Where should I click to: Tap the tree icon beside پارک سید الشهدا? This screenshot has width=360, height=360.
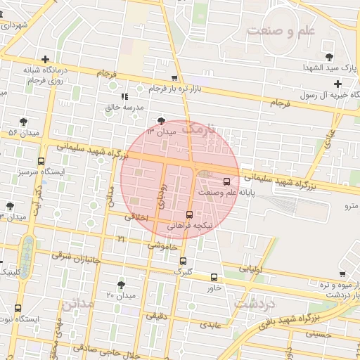tap(329, 57)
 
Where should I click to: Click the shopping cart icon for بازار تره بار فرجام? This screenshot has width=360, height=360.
tap(174, 78)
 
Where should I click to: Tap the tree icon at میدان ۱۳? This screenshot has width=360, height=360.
tap(163, 121)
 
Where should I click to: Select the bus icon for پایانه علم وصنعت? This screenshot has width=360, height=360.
tap(226, 180)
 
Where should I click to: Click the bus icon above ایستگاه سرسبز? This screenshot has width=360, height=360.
tap(41, 161)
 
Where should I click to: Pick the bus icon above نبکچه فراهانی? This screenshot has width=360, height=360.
tap(189, 214)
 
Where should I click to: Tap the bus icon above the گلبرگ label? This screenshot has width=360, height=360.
tap(184, 261)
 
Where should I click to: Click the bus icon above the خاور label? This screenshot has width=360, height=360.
tap(214, 277)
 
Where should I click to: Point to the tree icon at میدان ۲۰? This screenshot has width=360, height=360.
tap(122, 284)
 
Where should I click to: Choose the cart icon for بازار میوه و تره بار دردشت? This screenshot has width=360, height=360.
tap(342, 274)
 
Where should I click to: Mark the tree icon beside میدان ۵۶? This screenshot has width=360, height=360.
tap(24, 122)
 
